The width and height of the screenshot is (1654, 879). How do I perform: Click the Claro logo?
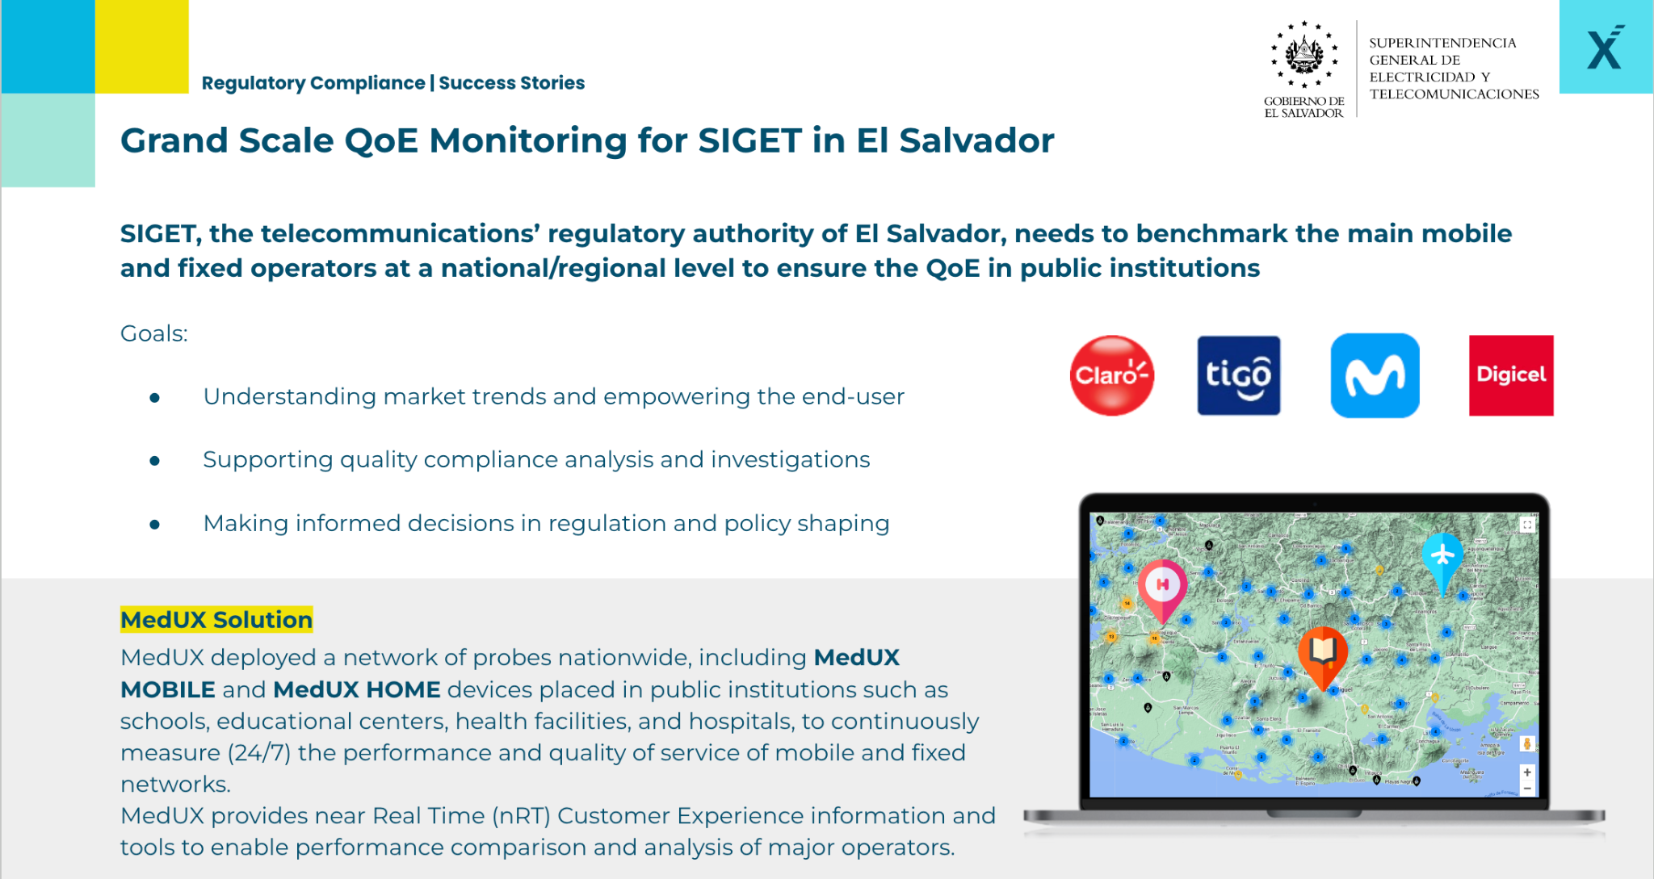(x=1111, y=375)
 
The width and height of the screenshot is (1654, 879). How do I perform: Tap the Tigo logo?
(x=1238, y=375)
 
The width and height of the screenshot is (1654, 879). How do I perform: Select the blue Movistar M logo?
(x=1375, y=375)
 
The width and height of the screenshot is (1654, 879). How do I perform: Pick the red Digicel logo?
(x=1510, y=375)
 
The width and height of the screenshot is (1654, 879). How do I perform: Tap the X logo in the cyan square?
(x=1605, y=48)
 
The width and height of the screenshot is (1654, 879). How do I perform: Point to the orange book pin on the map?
(x=1322, y=651)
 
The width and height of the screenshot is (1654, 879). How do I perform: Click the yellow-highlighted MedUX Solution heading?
(x=216, y=620)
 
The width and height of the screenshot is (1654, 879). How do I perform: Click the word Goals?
(x=153, y=333)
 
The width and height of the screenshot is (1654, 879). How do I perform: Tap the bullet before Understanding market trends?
(x=154, y=397)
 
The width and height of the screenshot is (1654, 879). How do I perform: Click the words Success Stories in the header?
(x=511, y=83)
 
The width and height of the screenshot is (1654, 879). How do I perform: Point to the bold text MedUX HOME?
(x=357, y=689)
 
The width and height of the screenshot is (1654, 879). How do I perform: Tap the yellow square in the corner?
(x=142, y=46)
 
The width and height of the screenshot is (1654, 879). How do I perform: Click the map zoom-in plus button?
(x=1526, y=772)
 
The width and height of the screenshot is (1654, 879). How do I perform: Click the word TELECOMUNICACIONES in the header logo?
(x=1454, y=94)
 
